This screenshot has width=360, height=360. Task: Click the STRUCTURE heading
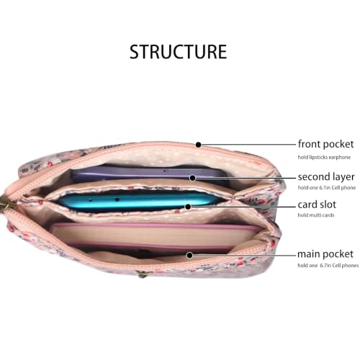(x=178, y=52)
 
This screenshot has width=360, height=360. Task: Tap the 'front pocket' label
(x=325, y=144)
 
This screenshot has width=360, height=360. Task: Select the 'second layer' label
(x=326, y=177)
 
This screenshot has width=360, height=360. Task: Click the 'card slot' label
(x=317, y=204)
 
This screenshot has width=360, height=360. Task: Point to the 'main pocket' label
(x=325, y=254)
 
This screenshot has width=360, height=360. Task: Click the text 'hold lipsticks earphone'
(x=324, y=157)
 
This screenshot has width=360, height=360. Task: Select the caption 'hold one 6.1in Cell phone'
(x=327, y=187)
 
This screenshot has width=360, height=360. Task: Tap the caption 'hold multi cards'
(x=316, y=215)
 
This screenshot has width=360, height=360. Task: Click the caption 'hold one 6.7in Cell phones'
(x=328, y=265)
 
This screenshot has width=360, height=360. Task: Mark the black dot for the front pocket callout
(x=198, y=145)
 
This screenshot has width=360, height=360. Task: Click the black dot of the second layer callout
(x=192, y=178)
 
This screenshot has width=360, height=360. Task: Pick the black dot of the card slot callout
(x=188, y=207)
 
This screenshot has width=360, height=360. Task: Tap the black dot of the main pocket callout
(x=189, y=255)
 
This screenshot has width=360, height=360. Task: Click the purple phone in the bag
(x=149, y=174)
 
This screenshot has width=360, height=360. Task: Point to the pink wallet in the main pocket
(x=156, y=237)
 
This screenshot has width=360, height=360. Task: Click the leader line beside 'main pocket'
(x=244, y=255)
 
